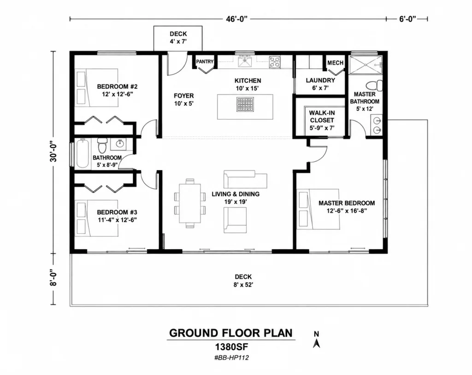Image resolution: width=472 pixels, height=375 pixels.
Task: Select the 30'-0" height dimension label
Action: click(53, 152)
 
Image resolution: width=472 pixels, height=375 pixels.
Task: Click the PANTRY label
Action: click(205, 61)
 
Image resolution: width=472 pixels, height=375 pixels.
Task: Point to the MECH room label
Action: click(336, 63)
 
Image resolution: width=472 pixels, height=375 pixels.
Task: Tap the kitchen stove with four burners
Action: click(275, 62)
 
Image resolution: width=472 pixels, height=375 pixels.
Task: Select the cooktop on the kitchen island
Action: click(245, 104)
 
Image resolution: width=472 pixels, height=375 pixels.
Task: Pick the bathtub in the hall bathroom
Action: click(83, 153)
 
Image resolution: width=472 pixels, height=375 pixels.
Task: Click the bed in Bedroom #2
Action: click(96, 88)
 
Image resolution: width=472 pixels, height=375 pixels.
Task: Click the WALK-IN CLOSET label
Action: click(322, 117)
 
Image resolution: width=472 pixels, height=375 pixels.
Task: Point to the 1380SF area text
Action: click(231, 347)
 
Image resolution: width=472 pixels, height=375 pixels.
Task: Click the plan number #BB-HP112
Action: click(231, 358)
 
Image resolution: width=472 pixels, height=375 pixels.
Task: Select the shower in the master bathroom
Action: click(366, 64)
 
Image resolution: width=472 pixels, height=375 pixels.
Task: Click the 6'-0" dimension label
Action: click(407, 19)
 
